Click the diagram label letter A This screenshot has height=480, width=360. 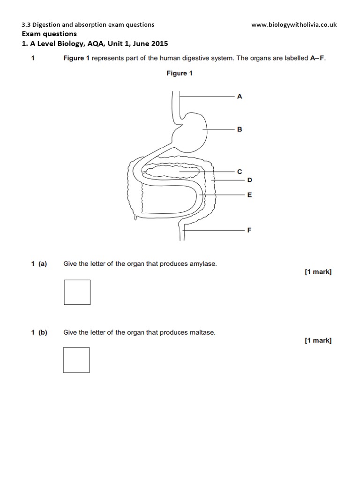pyautogui.click(x=240, y=96)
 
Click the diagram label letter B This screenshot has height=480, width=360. pyautogui.click(x=240, y=129)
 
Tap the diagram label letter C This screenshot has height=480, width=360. pyautogui.click(x=240, y=172)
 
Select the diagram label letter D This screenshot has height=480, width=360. pyautogui.click(x=249, y=180)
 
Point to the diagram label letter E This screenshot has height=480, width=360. pyautogui.click(x=249, y=195)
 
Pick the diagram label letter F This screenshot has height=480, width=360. pyautogui.click(x=249, y=230)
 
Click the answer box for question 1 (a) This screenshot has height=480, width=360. pyautogui.click(x=77, y=292)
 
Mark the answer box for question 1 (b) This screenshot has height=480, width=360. pyautogui.click(x=76, y=360)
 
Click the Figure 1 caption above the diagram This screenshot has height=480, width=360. pyautogui.click(x=180, y=73)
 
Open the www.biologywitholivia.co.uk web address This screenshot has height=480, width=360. pyautogui.click(x=294, y=25)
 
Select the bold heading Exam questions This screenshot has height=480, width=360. pyautogui.click(x=49, y=34)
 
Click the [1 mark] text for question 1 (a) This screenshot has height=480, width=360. pyautogui.click(x=318, y=272)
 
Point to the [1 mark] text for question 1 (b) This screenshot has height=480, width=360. pyautogui.click(x=318, y=341)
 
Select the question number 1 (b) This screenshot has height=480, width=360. pyautogui.click(x=39, y=333)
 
